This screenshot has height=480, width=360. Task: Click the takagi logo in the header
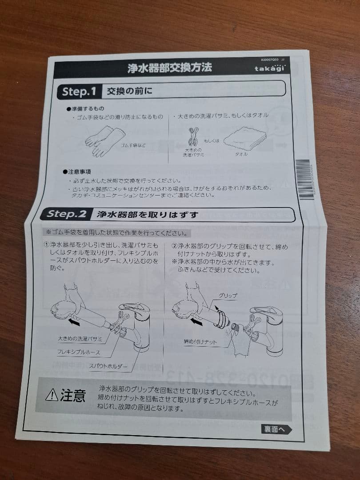tap(270, 69)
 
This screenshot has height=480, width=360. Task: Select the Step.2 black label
tap(67, 214)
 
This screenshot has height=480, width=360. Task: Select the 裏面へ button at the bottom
tap(276, 429)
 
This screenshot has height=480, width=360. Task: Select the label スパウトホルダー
tap(108, 367)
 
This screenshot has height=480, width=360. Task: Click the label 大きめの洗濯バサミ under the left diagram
tap(80, 339)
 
